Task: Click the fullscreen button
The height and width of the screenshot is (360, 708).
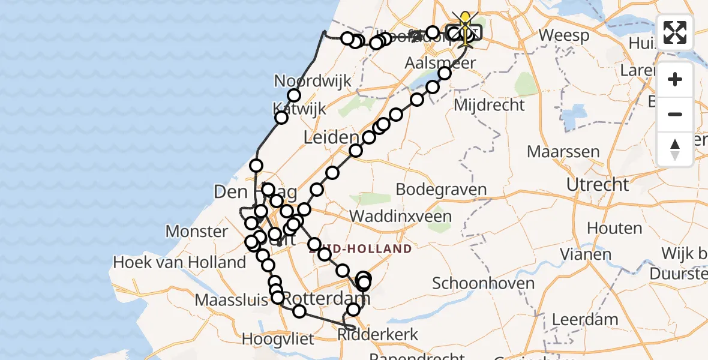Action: coord(675,32)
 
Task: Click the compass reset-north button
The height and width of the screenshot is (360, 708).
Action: coord(675,149)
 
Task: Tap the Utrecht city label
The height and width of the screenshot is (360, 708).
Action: coord(599,184)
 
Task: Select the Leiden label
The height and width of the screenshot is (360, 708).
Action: coord(331,137)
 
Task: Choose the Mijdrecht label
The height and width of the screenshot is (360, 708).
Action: coord(490,105)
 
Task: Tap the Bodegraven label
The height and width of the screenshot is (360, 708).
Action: coord(441,190)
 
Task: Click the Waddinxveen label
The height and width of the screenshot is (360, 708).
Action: coord(409,216)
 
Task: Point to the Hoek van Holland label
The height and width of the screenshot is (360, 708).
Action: coord(179,262)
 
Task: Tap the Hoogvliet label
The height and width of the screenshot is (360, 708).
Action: coord(278,340)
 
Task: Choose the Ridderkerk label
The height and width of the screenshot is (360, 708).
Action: coord(378,334)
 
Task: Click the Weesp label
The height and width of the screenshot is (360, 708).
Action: coord(564,35)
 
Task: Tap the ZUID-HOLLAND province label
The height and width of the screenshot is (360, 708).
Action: coord(360,248)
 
